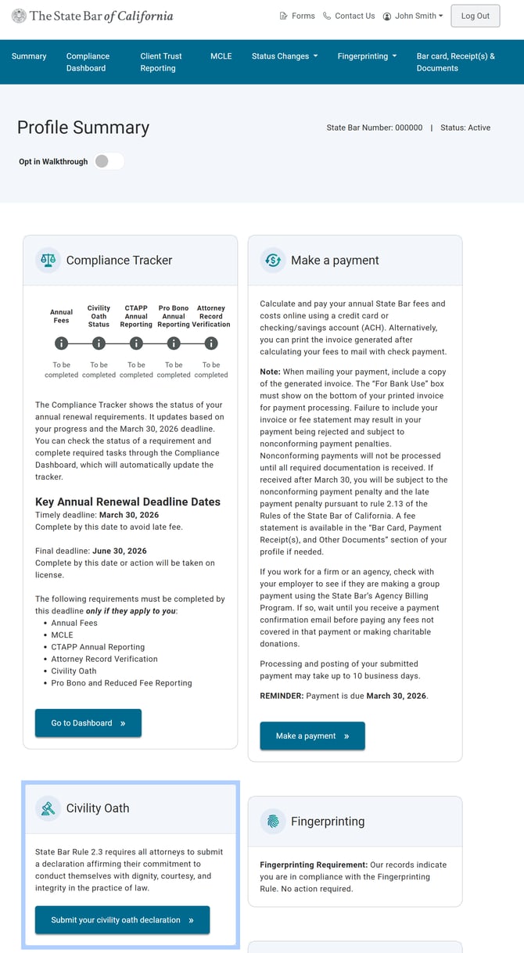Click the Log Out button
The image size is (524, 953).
point(475,16)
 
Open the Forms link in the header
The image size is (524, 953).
point(297,16)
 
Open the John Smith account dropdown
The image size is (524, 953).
point(413,16)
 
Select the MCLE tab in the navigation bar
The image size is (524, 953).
point(221,56)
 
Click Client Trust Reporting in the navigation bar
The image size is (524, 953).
point(161,62)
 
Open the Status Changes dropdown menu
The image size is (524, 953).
point(285,56)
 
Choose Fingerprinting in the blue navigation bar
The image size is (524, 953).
point(367,56)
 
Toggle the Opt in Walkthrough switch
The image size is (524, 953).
point(109,161)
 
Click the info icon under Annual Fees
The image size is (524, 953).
point(61,343)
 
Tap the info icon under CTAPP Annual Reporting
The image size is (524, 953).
point(136,343)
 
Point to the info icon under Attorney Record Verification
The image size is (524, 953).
point(211,343)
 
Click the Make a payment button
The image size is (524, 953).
point(312,735)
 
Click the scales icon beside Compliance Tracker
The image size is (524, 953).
point(48,260)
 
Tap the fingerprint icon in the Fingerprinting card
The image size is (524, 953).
point(273,822)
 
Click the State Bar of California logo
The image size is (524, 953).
point(92,16)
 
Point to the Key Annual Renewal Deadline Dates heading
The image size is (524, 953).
point(127,502)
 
